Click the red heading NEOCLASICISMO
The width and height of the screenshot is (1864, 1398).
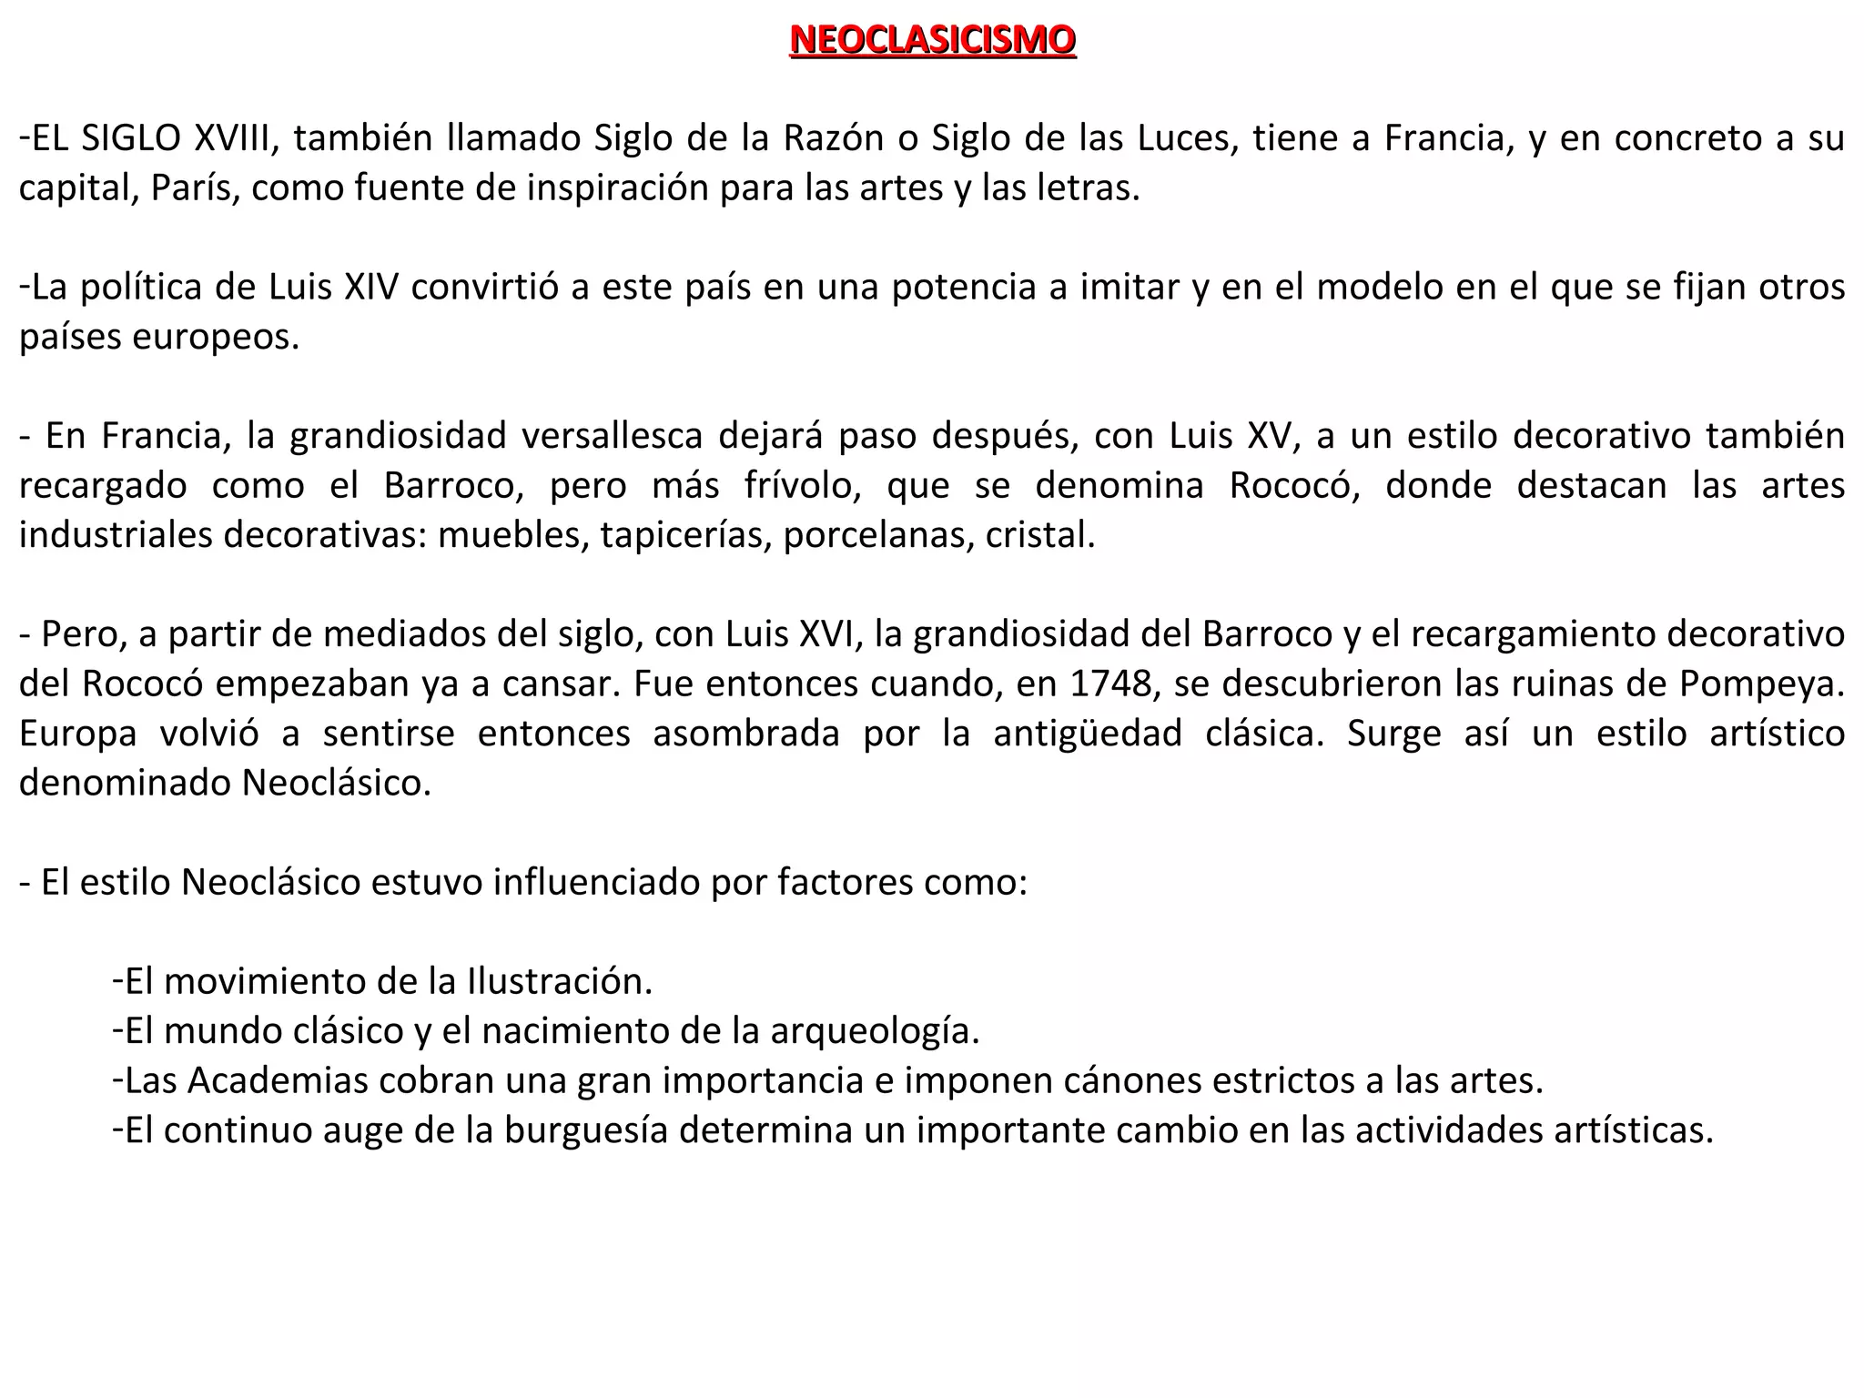(932, 40)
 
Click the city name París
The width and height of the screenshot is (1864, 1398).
(196, 187)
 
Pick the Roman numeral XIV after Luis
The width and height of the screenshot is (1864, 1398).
(371, 287)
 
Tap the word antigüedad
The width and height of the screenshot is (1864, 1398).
(1088, 734)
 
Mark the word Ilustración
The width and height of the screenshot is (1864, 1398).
(560, 981)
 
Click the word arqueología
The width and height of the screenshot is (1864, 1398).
(875, 1031)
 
